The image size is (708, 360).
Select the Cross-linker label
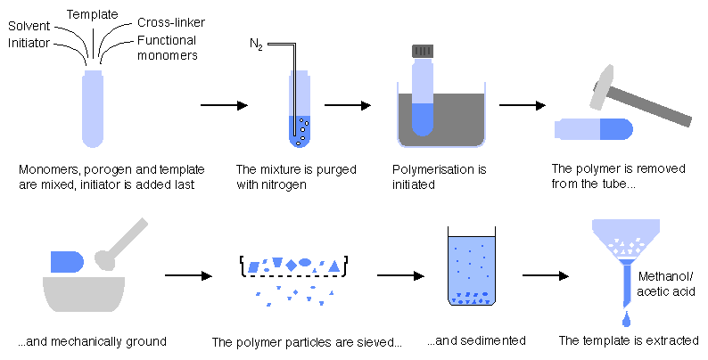167,22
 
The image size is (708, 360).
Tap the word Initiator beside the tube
29,43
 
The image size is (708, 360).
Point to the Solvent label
29,27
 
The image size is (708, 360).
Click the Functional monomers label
168,48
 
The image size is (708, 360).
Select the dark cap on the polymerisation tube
423,51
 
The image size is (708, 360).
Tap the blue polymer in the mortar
67,260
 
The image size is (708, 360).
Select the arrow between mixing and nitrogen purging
224,105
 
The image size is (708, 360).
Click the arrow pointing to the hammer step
523,105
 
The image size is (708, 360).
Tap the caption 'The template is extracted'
628,340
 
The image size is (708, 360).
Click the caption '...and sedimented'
475,340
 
